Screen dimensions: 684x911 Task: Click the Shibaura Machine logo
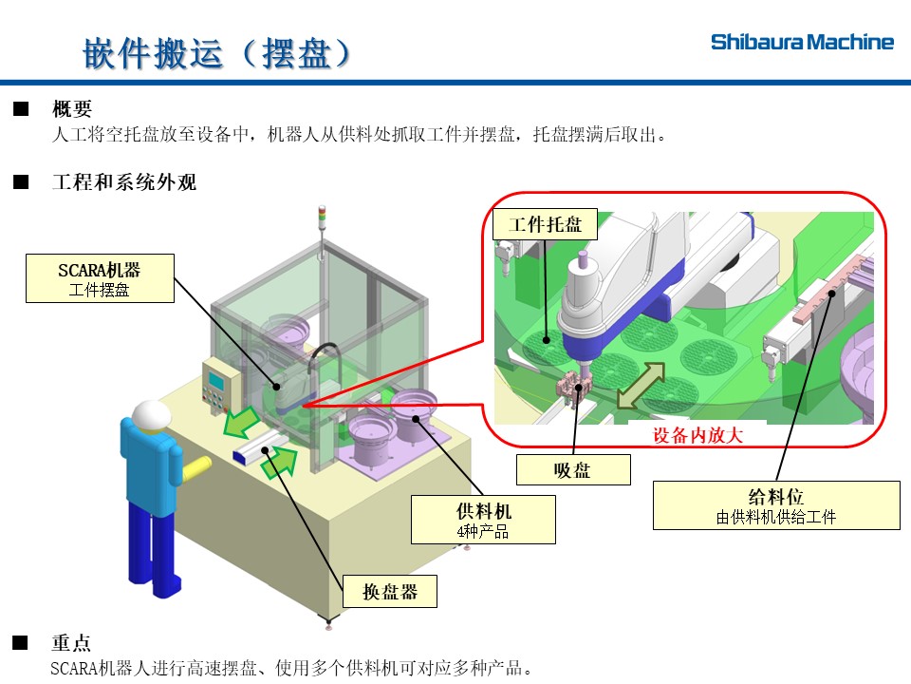(x=802, y=42)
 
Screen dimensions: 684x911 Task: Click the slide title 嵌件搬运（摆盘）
(x=217, y=53)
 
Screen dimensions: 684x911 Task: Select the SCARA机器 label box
(x=100, y=277)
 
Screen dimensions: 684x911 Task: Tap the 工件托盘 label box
(x=545, y=225)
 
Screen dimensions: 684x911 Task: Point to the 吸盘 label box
(x=572, y=469)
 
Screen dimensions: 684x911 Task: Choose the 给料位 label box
(x=776, y=504)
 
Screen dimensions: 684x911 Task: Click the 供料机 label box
(x=483, y=519)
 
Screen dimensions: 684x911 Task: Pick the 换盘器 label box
(x=390, y=592)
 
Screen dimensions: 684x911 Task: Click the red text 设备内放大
(x=697, y=436)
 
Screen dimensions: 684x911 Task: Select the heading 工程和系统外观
(x=123, y=182)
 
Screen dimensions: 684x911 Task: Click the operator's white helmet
(x=151, y=415)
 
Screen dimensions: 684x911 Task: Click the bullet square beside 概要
(x=21, y=109)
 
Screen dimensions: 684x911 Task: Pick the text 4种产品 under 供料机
(x=483, y=532)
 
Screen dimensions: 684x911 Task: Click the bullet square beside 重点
(x=21, y=643)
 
